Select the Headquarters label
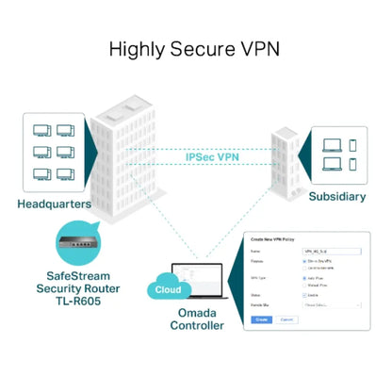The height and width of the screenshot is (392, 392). point(53,203)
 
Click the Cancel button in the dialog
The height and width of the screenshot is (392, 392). point(288,320)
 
